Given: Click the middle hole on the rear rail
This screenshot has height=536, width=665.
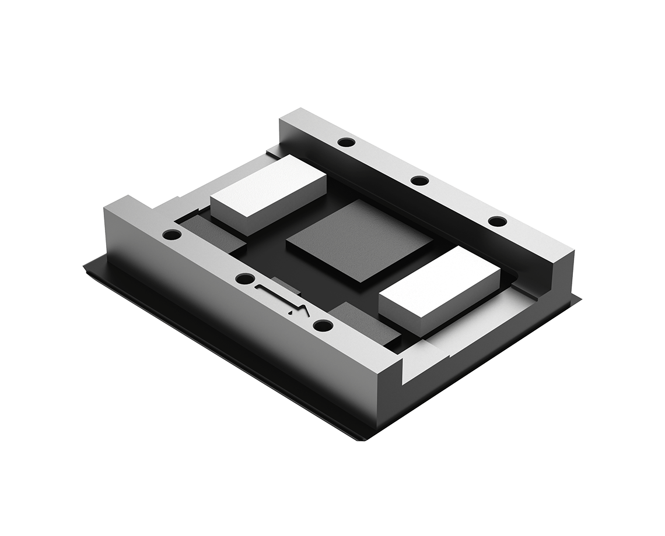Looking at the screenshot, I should point(419,180).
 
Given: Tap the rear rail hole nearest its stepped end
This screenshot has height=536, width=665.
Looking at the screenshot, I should point(497,221).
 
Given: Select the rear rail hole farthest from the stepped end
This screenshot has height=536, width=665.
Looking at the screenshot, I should point(346,142).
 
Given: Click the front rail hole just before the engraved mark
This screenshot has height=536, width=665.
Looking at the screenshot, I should point(245,278).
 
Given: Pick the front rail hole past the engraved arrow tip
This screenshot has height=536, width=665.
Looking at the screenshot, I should point(323,325).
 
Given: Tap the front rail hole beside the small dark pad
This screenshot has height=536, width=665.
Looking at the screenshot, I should point(172,235).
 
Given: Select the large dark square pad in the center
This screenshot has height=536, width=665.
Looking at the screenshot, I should point(359,239).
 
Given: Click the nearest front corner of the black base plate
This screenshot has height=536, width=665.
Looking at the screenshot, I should point(362,438).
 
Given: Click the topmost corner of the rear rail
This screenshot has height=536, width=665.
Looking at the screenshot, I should point(300,109).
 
